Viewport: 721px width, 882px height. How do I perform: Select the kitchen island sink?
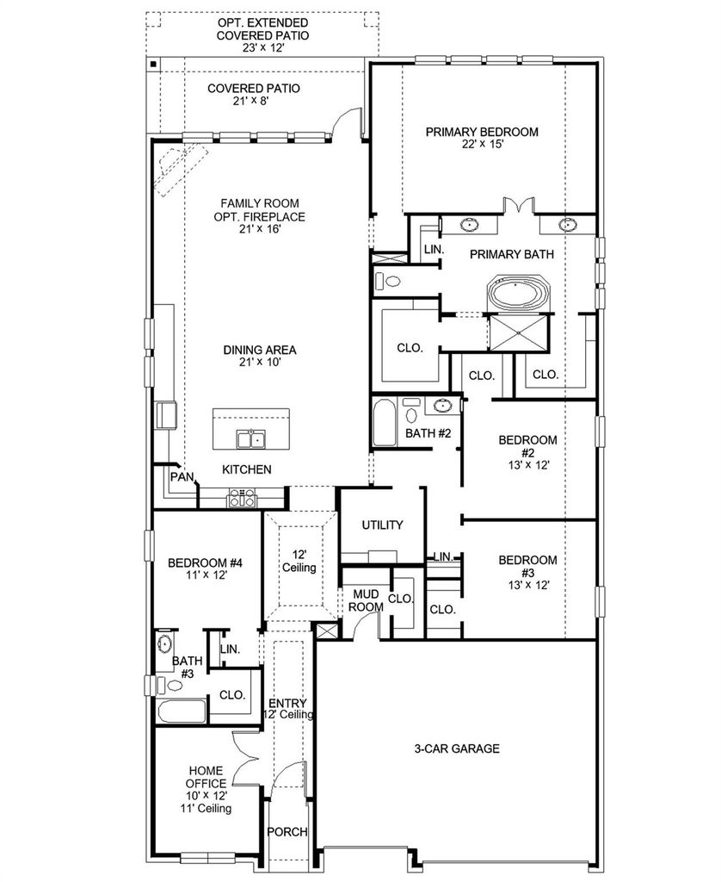250,438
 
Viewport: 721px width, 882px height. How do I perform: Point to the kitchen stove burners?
242,498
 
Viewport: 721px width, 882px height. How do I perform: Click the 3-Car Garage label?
457,748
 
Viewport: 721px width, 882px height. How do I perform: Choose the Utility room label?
382,525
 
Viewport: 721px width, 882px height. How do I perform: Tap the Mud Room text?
366,600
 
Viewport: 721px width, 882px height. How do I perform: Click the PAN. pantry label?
182,477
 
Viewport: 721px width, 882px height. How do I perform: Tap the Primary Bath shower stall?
518,333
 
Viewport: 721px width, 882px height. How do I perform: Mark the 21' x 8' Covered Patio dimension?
253,102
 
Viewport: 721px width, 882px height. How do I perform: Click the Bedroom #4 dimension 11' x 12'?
206,575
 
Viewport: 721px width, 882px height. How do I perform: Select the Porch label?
287,832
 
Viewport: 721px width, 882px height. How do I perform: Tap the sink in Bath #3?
164,644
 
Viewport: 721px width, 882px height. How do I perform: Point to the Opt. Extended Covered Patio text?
263,34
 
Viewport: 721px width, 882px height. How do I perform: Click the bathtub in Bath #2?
385,422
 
